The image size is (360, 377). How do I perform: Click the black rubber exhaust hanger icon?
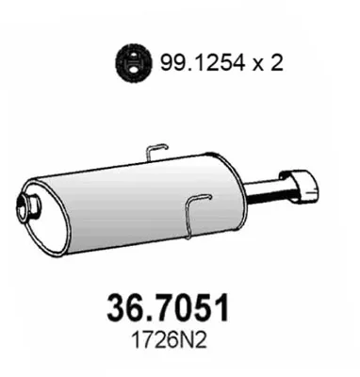(134, 63)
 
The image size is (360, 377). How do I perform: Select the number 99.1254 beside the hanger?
(203, 62)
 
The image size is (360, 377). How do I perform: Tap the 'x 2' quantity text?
(269, 63)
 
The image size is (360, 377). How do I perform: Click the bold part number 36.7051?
(168, 308)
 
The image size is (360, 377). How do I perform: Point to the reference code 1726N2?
(170, 339)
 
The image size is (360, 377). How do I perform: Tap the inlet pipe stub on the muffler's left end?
(27, 208)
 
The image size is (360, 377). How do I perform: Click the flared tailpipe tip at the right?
(301, 186)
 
